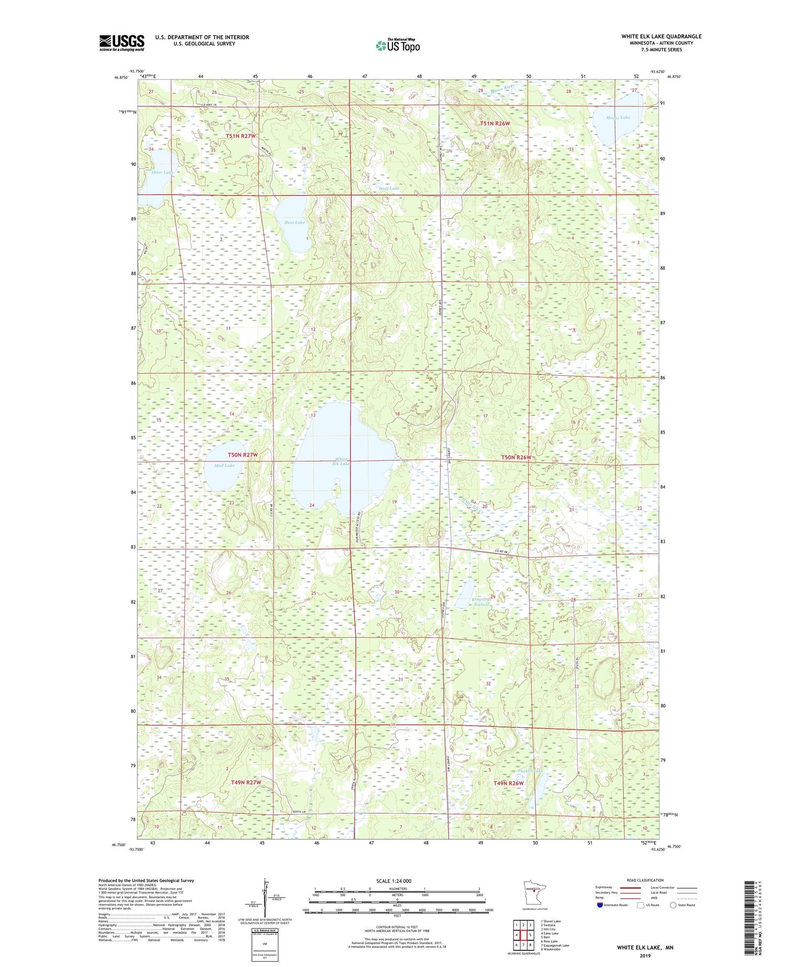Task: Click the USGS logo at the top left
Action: pos(122,43)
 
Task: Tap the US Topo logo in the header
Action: pos(397,46)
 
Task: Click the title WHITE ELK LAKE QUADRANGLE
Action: pos(661,36)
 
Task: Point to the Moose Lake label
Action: pos(618,117)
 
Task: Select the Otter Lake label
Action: pos(161,172)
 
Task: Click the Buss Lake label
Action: pos(294,222)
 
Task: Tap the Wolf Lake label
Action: pos(388,188)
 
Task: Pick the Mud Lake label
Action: pos(224,465)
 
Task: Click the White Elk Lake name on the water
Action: pos(341,461)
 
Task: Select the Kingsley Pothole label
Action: pos(481,602)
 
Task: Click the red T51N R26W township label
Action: pos(494,123)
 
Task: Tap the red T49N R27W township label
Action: pos(246,782)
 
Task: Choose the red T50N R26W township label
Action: pos(516,458)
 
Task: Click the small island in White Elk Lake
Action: pos(337,488)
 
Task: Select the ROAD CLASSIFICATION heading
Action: pos(645,880)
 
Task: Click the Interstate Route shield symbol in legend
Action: pos(599,905)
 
